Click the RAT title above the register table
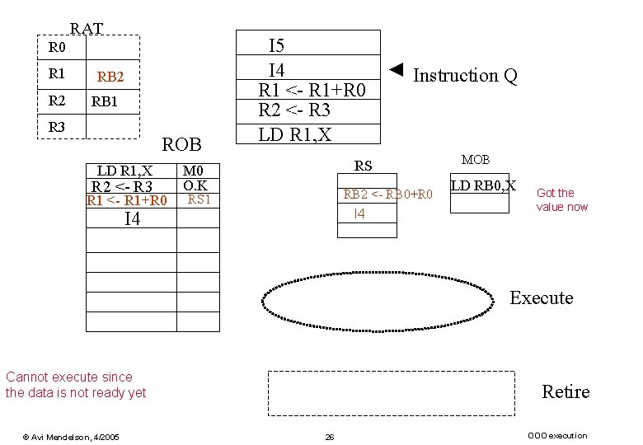coord(86,29)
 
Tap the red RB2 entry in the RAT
coord(110,77)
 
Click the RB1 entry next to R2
coord(105,103)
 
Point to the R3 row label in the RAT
coord(56,128)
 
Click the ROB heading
coord(182,145)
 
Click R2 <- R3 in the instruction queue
coord(295,111)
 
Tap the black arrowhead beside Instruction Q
coord(397,68)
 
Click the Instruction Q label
coord(465,76)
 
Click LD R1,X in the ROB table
coord(124,171)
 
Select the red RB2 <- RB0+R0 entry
coord(387,195)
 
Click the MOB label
coord(475,159)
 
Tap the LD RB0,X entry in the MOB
coord(482,185)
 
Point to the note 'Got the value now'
coord(561,199)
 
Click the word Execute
coord(541,298)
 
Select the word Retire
coord(565,391)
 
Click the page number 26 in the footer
coord(329,437)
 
